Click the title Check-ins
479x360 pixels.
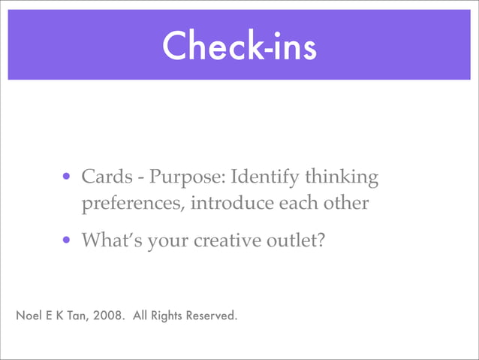pos(239,46)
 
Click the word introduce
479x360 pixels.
pos(231,204)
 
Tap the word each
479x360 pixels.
pos(301,204)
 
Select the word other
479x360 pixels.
pos(348,204)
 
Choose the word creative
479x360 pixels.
pos(226,241)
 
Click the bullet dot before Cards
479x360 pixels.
pos(68,179)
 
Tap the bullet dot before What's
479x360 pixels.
pos(68,241)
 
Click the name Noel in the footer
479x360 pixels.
pos(29,314)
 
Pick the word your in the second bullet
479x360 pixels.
pos(168,241)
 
